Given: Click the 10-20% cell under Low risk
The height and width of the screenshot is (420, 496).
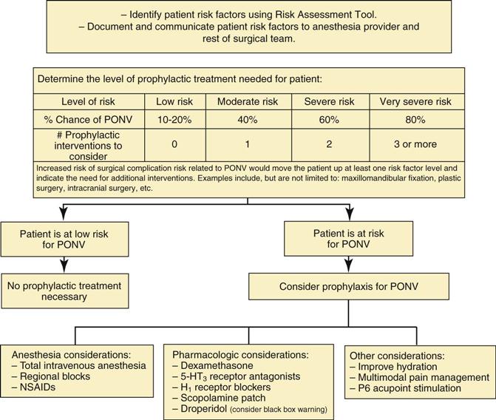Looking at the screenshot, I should (174, 119).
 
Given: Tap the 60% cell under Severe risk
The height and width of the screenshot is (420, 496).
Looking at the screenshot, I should (322, 119).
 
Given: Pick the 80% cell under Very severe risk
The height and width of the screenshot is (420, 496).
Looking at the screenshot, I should (415, 119).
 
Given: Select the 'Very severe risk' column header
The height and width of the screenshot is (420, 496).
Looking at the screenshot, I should (415, 101).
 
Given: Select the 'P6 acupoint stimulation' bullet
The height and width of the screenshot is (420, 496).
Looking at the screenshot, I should (410, 388).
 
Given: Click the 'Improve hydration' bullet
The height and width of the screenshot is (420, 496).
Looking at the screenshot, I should (395, 366).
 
